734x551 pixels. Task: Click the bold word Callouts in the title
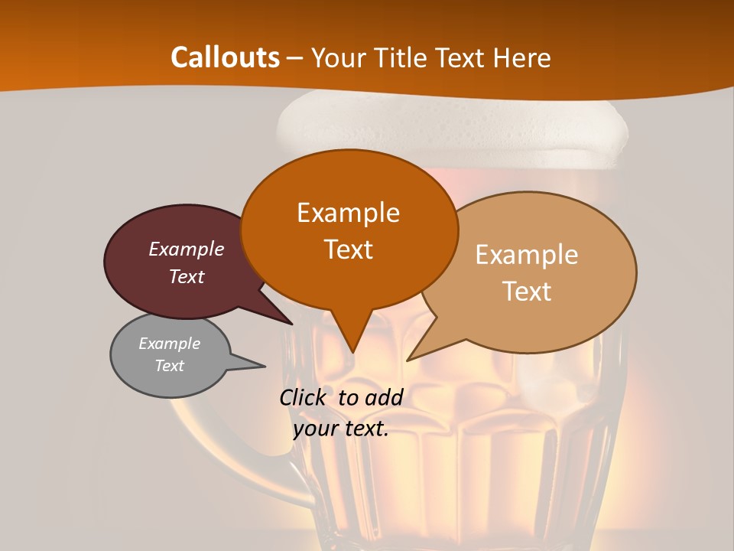225,57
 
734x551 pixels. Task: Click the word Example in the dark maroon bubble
187,249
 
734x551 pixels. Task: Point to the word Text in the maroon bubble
187,276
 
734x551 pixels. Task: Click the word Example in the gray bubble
169,344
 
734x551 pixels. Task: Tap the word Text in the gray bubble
169,366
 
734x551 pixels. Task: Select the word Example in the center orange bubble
348,213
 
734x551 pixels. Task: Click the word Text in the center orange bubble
348,249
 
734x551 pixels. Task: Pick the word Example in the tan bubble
527,255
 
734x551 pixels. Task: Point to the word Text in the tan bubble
527,292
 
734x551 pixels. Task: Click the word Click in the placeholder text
304,397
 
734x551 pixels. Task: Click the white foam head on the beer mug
451,126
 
